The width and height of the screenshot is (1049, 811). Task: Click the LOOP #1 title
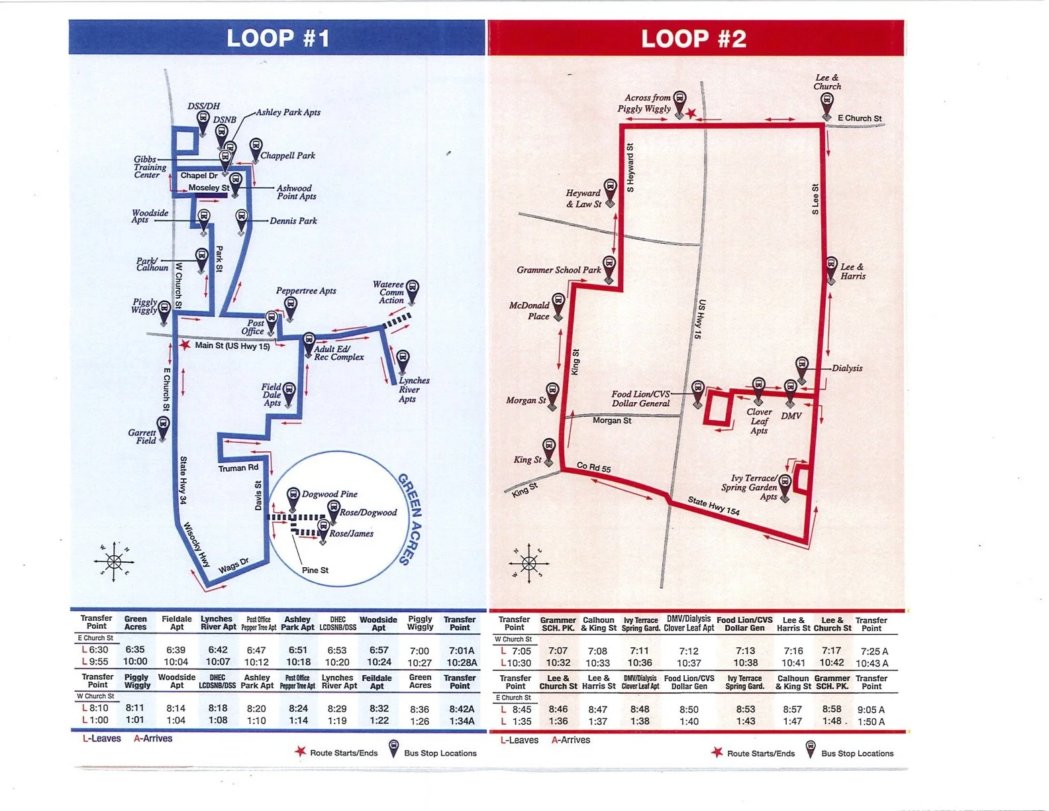[278, 38]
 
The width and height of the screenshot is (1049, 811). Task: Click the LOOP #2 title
[693, 38]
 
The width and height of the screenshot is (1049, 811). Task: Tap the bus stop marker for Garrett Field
[163, 425]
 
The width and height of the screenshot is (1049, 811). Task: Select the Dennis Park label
[293, 221]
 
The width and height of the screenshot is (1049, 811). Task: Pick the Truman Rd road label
[238, 468]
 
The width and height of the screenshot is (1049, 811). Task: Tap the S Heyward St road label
[630, 168]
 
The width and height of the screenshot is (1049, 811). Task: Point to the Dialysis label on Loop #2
[847, 368]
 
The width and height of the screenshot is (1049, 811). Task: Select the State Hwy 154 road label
[713, 506]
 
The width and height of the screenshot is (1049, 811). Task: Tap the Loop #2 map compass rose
[528, 563]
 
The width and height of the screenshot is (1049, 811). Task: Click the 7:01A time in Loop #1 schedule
[462, 651]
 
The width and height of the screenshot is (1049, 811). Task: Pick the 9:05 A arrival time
[871, 710]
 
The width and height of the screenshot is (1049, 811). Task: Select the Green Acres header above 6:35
[135, 623]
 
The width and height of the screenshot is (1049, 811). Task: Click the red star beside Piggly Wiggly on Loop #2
[691, 113]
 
